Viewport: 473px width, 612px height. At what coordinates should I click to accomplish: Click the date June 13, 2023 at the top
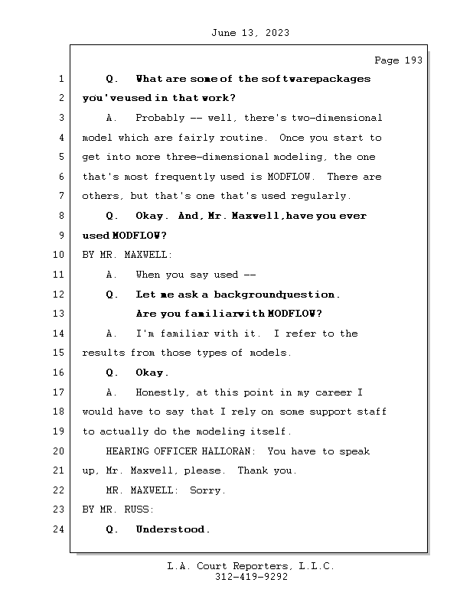(x=250, y=33)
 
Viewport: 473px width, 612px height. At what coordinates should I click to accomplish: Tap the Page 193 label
(x=398, y=60)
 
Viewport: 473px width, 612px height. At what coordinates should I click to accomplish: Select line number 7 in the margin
(x=60, y=196)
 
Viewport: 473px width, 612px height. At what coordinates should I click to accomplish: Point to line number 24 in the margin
(x=58, y=529)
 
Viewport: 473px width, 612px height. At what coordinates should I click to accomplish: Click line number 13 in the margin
(x=58, y=314)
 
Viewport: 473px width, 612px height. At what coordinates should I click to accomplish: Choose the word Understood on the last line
(x=172, y=529)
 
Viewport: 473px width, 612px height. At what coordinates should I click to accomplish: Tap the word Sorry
(x=207, y=490)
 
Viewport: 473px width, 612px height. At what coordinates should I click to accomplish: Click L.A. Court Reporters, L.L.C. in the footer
(x=251, y=566)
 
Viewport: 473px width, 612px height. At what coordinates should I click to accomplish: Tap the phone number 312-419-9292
(x=251, y=577)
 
